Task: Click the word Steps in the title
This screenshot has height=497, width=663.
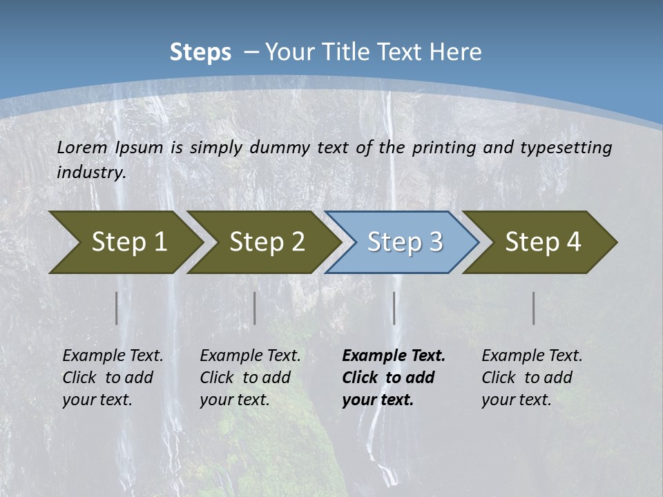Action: [200, 52]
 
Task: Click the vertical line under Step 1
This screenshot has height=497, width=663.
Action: [117, 308]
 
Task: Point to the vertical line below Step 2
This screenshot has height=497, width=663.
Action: [255, 308]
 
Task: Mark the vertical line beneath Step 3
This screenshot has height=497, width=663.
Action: [394, 308]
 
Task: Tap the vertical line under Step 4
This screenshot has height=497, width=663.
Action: [534, 308]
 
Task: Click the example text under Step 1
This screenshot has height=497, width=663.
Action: [113, 378]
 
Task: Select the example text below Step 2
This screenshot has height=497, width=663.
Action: [250, 378]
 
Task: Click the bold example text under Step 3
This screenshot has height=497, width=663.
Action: [393, 378]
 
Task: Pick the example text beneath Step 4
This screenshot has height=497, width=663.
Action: [532, 378]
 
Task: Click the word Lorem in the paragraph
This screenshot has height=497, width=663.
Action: [81, 148]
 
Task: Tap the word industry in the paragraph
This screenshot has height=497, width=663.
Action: [91, 173]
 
